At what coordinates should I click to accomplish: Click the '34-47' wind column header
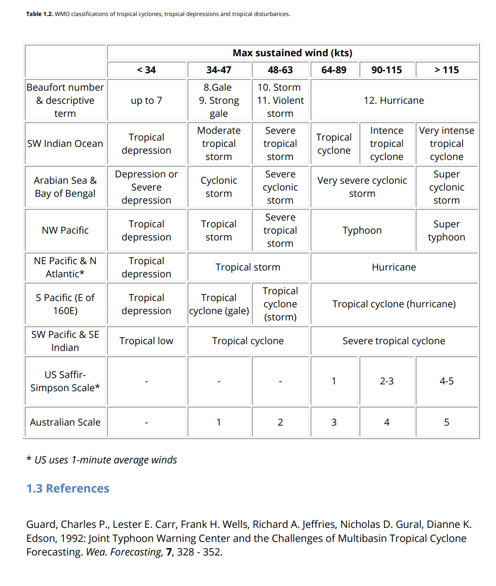218,70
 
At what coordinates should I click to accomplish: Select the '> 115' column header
446,70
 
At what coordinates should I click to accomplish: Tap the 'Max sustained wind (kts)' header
292,53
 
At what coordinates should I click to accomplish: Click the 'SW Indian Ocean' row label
65,143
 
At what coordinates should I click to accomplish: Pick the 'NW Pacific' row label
65,230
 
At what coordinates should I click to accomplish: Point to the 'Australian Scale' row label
65,422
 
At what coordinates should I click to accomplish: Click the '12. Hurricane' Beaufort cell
393,100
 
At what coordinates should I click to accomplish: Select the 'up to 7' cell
146,100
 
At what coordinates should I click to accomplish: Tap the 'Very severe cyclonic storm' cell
362,187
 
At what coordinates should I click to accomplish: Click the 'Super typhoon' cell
446,230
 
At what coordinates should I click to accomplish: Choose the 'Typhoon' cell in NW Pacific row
362,230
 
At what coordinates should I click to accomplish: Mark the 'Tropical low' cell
146,341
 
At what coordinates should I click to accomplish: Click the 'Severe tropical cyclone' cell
393,341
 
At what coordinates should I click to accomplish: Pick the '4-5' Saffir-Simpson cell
446,381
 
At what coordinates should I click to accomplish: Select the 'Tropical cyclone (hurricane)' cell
393,304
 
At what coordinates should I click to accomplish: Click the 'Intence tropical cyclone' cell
387,143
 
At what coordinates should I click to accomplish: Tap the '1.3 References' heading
68,488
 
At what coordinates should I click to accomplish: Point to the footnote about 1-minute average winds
102,460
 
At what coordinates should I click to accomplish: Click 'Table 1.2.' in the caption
39,14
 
